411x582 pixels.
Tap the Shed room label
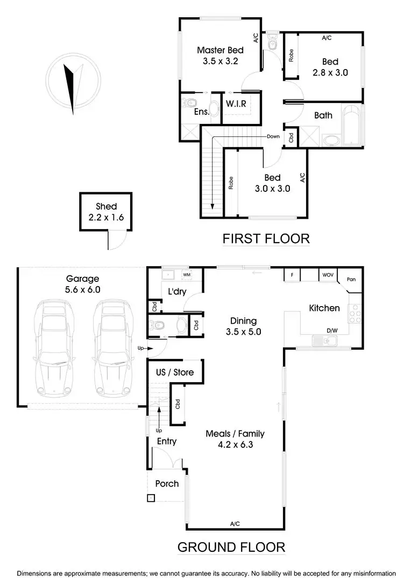(x=106, y=206)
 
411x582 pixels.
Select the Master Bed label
(x=220, y=50)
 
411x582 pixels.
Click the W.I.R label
(x=236, y=103)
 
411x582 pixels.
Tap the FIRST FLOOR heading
(x=266, y=238)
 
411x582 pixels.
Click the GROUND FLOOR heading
(x=231, y=548)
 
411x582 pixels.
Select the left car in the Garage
(x=52, y=347)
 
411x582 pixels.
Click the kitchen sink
(x=324, y=341)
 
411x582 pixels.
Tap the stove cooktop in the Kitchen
(x=355, y=313)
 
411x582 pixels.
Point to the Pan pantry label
(x=351, y=279)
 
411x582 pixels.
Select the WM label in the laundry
(x=187, y=274)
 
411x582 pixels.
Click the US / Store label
(x=174, y=372)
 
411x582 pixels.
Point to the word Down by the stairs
(x=273, y=136)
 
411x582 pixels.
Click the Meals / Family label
(x=235, y=433)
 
